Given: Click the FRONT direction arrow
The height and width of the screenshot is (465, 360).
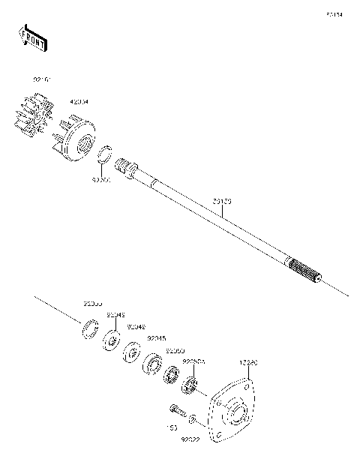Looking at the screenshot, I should pyautogui.click(x=34, y=37).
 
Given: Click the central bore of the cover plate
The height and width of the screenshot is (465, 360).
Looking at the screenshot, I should pyautogui.click(x=236, y=414).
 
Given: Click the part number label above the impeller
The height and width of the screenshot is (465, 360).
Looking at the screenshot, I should pyautogui.click(x=40, y=79).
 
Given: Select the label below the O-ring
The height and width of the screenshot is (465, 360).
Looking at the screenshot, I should pyautogui.click(x=100, y=181).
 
